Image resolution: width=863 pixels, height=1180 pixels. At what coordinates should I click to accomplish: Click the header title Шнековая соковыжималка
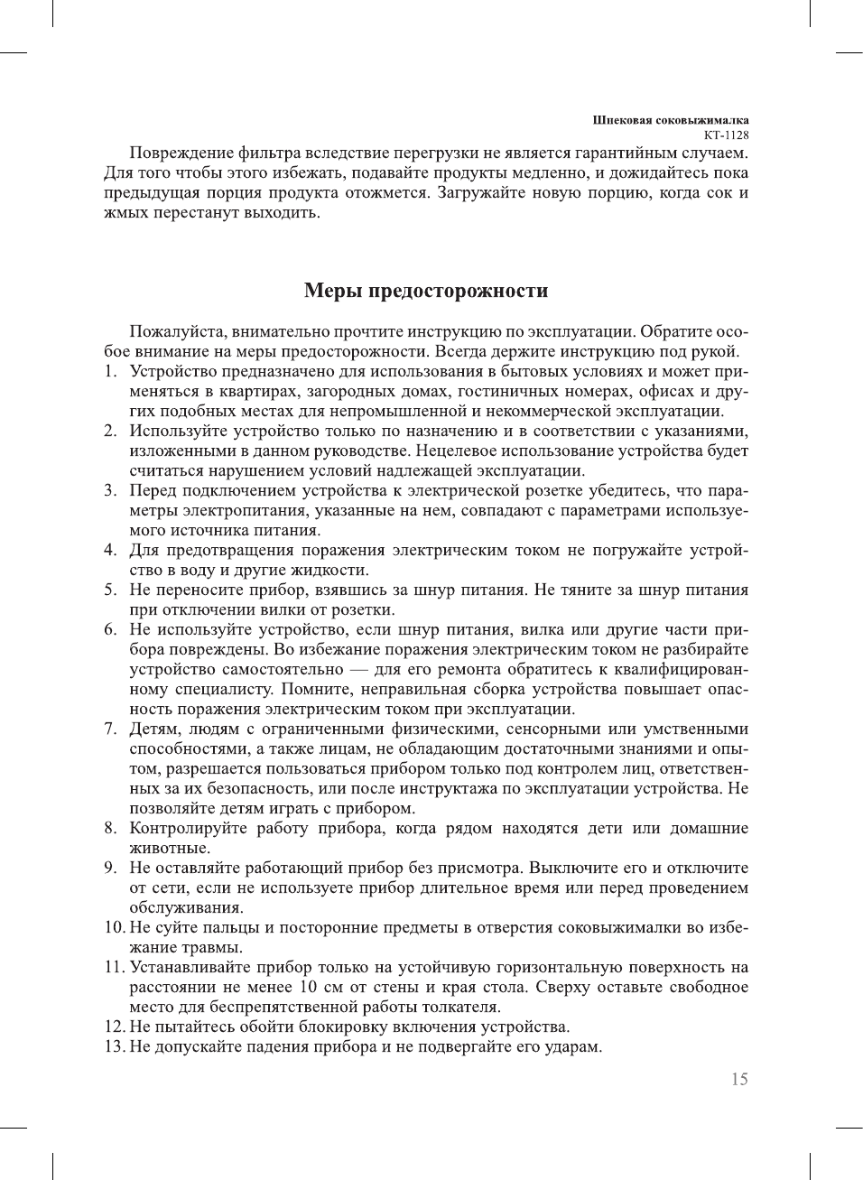[x=670, y=120]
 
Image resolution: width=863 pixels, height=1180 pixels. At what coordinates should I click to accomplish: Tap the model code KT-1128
[x=726, y=135]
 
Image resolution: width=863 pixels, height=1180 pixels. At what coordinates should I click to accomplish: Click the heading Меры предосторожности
[x=426, y=291]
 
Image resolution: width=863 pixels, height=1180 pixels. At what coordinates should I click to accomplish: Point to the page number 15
[x=739, y=1079]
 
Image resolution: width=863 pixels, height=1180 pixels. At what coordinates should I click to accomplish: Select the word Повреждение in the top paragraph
[x=178, y=153]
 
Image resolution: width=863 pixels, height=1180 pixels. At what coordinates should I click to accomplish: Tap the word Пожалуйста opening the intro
[x=174, y=331]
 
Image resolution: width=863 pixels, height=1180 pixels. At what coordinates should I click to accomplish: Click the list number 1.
[x=109, y=371]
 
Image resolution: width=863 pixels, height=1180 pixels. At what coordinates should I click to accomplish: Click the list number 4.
[x=109, y=550]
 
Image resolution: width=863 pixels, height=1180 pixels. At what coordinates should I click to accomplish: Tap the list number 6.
[x=109, y=629]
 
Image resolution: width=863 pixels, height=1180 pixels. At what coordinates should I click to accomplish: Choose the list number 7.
[x=109, y=729]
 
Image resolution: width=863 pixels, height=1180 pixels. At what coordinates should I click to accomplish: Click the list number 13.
[x=114, y=1046]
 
